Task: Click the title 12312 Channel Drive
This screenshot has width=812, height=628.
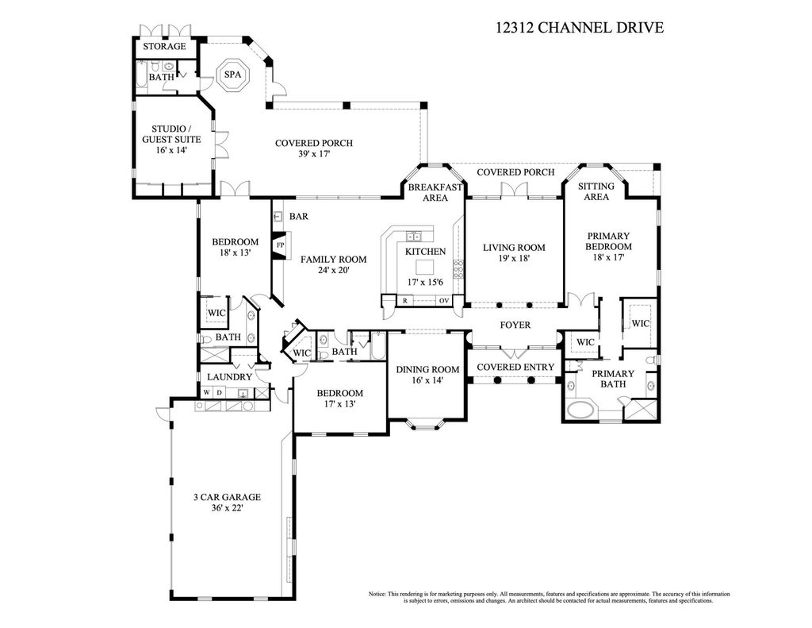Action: [x=579, y=28]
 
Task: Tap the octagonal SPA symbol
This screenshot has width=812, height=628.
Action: [x=232, y=75]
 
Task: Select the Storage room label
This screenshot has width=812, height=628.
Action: [x=164, y=47]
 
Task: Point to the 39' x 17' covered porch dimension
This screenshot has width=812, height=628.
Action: [x=313, y=155]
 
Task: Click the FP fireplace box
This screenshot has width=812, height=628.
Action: [x=280, y=245]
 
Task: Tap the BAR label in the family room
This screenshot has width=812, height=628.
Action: [x=298, y=216]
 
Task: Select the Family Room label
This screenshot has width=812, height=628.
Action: [x=332, y=260]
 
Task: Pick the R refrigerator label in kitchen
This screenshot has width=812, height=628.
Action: [x=405, y=301]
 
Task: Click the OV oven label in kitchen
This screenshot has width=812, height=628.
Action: [x=445, y=301]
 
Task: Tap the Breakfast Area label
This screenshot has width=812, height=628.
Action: [x=435, y=192]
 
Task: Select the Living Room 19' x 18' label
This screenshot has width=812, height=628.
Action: [x=514, y=252]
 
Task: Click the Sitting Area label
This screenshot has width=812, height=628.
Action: [x=596, y=191]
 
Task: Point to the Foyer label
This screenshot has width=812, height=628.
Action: [x=515, y=326]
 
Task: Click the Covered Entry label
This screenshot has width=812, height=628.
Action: [x=515, y=367]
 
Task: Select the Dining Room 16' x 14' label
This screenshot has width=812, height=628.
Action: [x=427, y=375]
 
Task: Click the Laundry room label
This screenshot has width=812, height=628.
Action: [x=229, y=377]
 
